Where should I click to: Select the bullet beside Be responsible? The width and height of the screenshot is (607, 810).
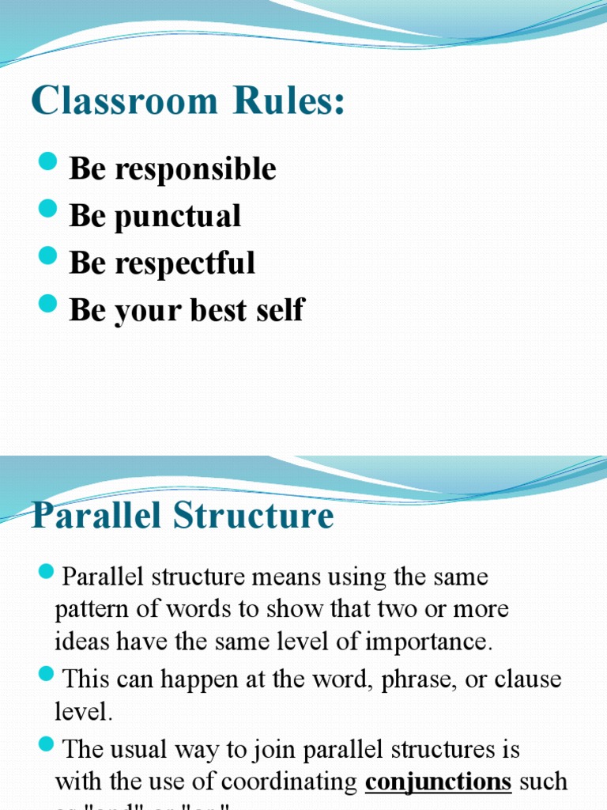click(x=48, y=164)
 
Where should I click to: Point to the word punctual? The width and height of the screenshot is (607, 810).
click(x=179, y=216)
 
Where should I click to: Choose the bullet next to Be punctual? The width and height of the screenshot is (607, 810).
click(x=48, y=210)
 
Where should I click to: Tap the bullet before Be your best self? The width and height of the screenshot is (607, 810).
click(x=48, y=305)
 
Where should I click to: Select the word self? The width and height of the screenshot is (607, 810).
click(x=282, y=310)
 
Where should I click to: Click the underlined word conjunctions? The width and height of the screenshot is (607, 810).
click(x=438, y=782)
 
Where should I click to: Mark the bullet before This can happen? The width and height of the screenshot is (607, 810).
click(x=46, y=675)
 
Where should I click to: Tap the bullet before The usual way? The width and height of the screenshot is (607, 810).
click(x=46, y=744)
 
